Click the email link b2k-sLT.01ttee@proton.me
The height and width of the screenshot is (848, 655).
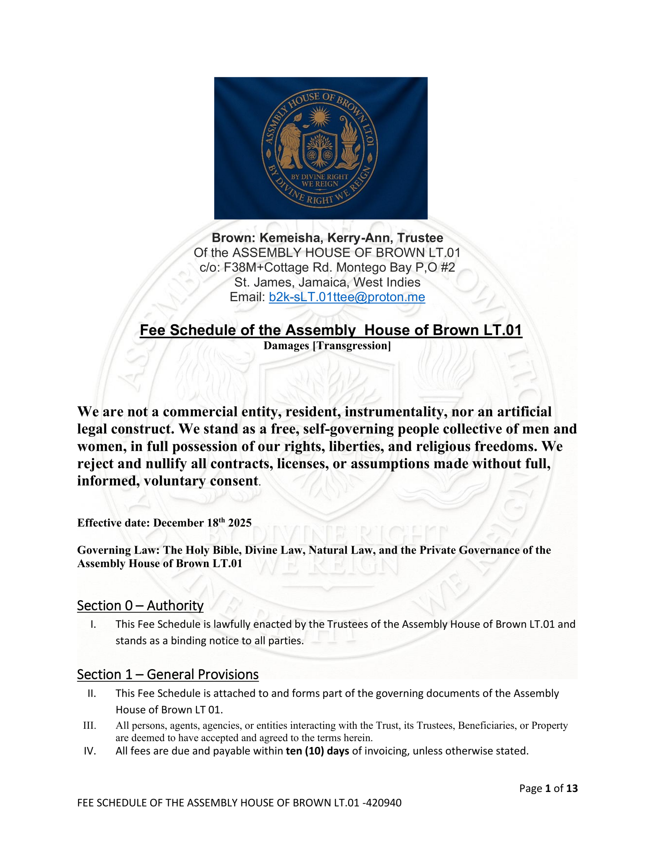click(x=347, y=297)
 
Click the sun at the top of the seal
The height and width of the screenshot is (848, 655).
click(x=319, y=116)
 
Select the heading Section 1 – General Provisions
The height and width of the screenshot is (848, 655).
click(x=168, y=674)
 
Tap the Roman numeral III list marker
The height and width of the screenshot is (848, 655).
click(x=90, y=725)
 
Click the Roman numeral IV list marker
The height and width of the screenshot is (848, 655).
click(x=90, y=751)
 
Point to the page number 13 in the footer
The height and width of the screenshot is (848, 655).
click(x=572, y=788)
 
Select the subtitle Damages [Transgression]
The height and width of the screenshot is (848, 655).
click(x=327, y=345)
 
